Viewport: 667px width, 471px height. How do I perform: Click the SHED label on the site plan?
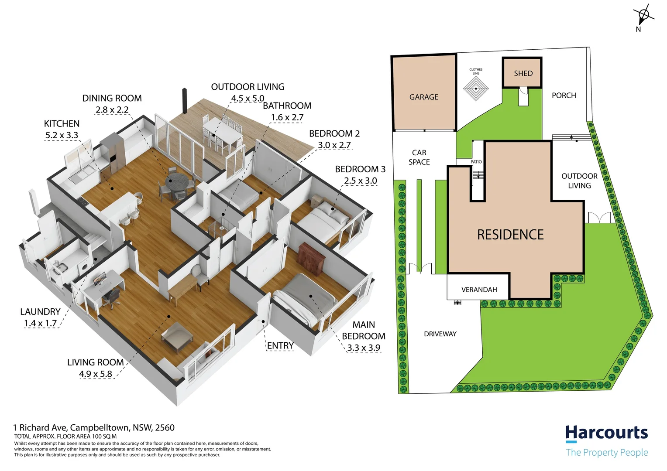(523, 73)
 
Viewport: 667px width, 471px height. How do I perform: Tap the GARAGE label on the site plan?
(424, 97)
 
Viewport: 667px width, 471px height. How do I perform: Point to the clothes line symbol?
(476, 89)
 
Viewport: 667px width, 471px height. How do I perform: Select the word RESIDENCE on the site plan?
(510, 235)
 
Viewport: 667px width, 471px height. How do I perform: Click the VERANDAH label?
(479, 290)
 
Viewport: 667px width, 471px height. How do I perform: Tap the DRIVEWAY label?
(440, 334)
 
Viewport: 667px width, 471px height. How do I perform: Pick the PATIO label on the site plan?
(476, 161)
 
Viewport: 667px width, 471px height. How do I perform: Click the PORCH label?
(564, 96)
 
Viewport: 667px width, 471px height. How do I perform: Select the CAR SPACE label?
(419, 157)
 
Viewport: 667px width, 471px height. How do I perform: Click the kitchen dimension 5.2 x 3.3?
(62, 135)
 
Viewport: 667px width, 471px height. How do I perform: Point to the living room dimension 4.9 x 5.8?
(96, 374)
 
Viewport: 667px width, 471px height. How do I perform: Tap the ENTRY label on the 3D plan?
(280, 345)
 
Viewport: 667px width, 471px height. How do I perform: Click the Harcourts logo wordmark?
(607, 433)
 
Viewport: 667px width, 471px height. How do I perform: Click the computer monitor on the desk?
(99, 278)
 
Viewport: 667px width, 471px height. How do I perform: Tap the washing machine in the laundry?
(84, 266)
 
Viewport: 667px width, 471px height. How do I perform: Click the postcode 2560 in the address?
(165, 427)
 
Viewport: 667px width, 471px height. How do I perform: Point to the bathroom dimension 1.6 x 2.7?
(287, 117)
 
